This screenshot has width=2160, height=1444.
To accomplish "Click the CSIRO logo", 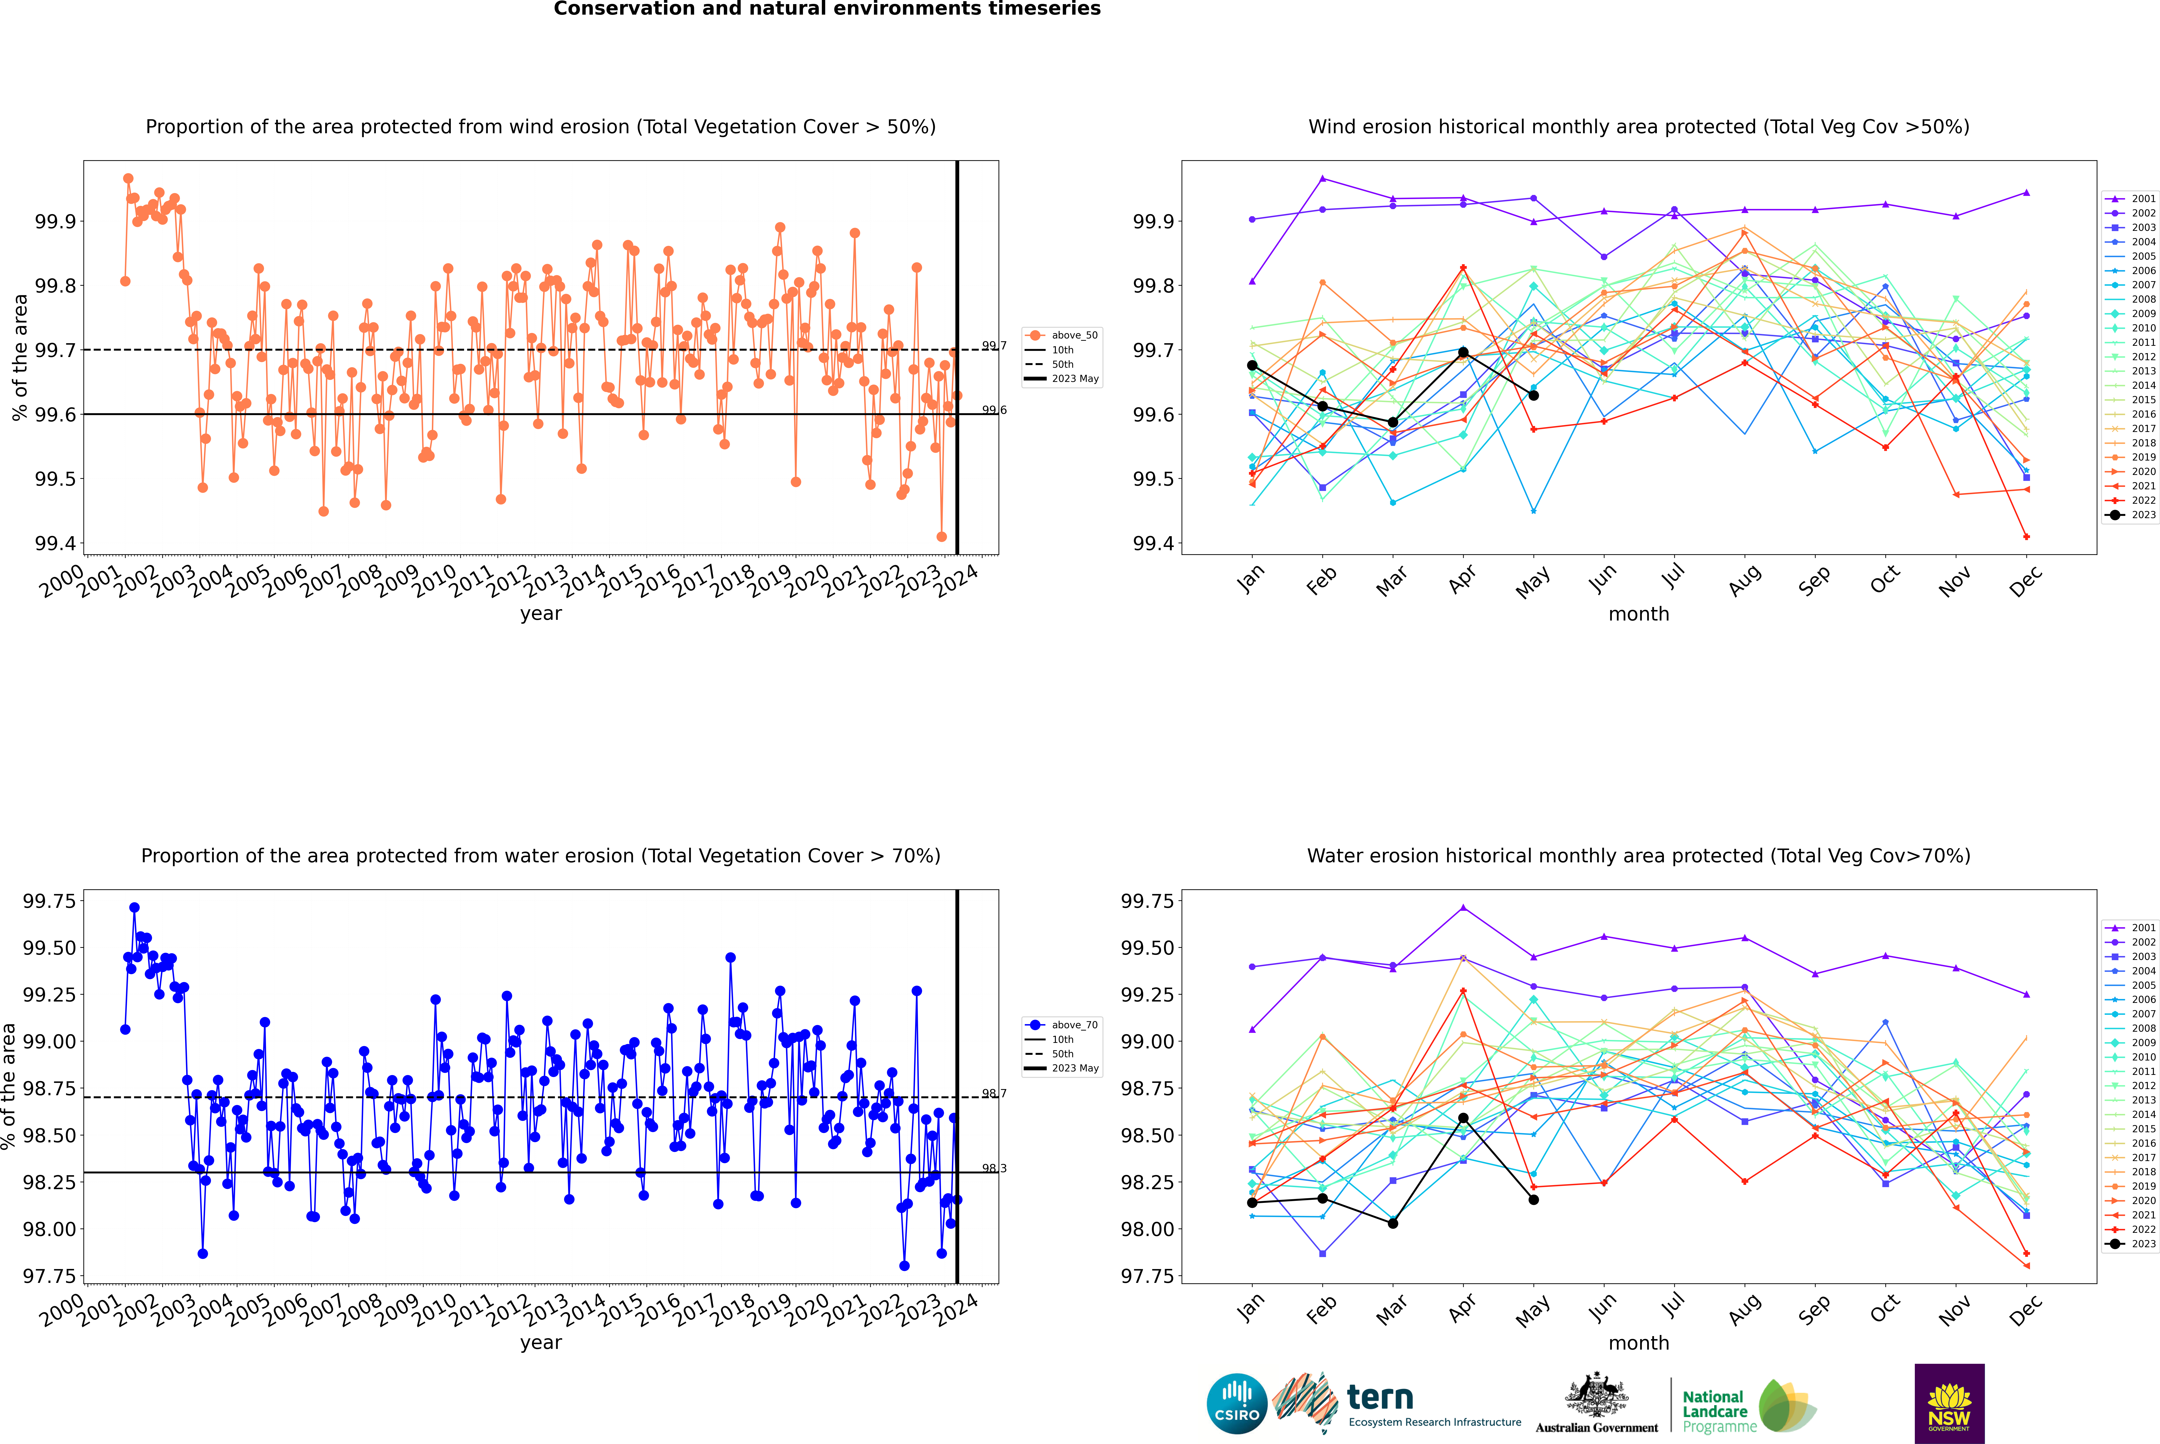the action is pyautogui.click(x=1237, y=1404).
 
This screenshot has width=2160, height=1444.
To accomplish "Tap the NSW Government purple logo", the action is pyautogui.click(x=1949, y=1404).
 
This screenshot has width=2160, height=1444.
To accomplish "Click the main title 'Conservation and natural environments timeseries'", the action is pyautogui.click(x=827, y=9).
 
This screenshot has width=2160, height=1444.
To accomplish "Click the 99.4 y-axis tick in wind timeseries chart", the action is pyautogui.click(x=55, y=543).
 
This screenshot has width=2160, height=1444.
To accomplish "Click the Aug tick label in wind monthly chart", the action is pyautogui.click(x=1745, y=580).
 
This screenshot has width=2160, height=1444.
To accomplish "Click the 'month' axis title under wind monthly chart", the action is pyautogui.click(x=1639, y=613).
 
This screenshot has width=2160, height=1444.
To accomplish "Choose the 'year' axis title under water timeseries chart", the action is pyautogui.click(x=540, y=1342).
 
